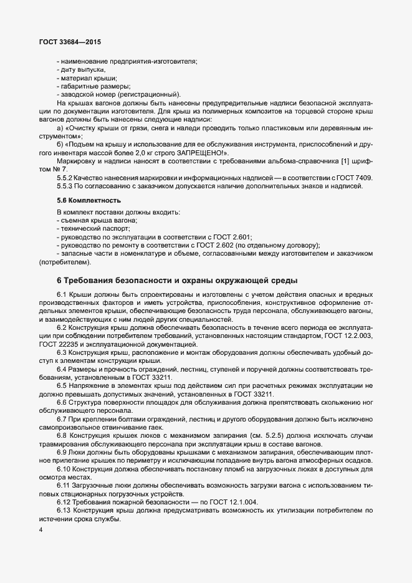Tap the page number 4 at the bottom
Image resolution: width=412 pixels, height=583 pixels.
[x=41, y=529]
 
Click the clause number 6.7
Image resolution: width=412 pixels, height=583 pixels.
[x=63, y=419]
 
